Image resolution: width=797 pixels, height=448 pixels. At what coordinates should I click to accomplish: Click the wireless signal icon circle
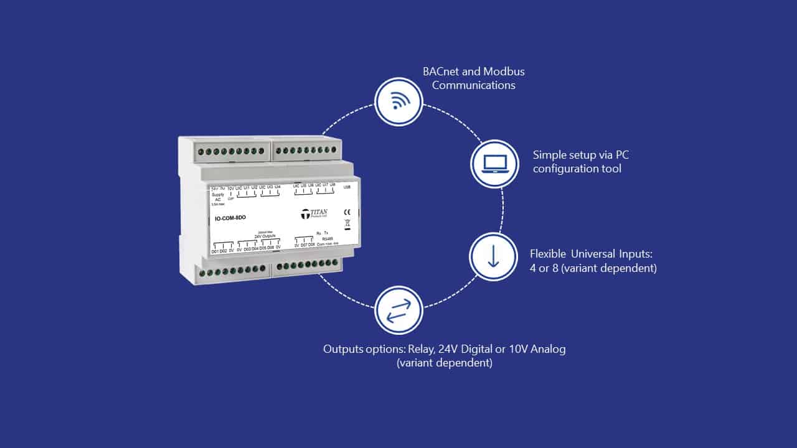(398, 102)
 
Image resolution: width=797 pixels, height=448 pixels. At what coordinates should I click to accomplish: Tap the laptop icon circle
(494, 164)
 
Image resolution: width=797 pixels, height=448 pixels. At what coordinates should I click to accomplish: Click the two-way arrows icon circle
(398, 310)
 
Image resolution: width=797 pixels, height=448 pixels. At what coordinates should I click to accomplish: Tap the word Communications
(473, 86)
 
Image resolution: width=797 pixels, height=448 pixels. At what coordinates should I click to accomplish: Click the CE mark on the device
(347, 212)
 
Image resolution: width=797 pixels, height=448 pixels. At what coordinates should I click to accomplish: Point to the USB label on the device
(347, 187)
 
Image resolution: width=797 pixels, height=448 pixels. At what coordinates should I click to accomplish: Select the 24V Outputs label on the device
(265, 236)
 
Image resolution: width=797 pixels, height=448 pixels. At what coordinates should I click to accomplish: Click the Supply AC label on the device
(217, 197)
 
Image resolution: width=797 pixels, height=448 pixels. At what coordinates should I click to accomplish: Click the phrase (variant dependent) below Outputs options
(444, 363)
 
